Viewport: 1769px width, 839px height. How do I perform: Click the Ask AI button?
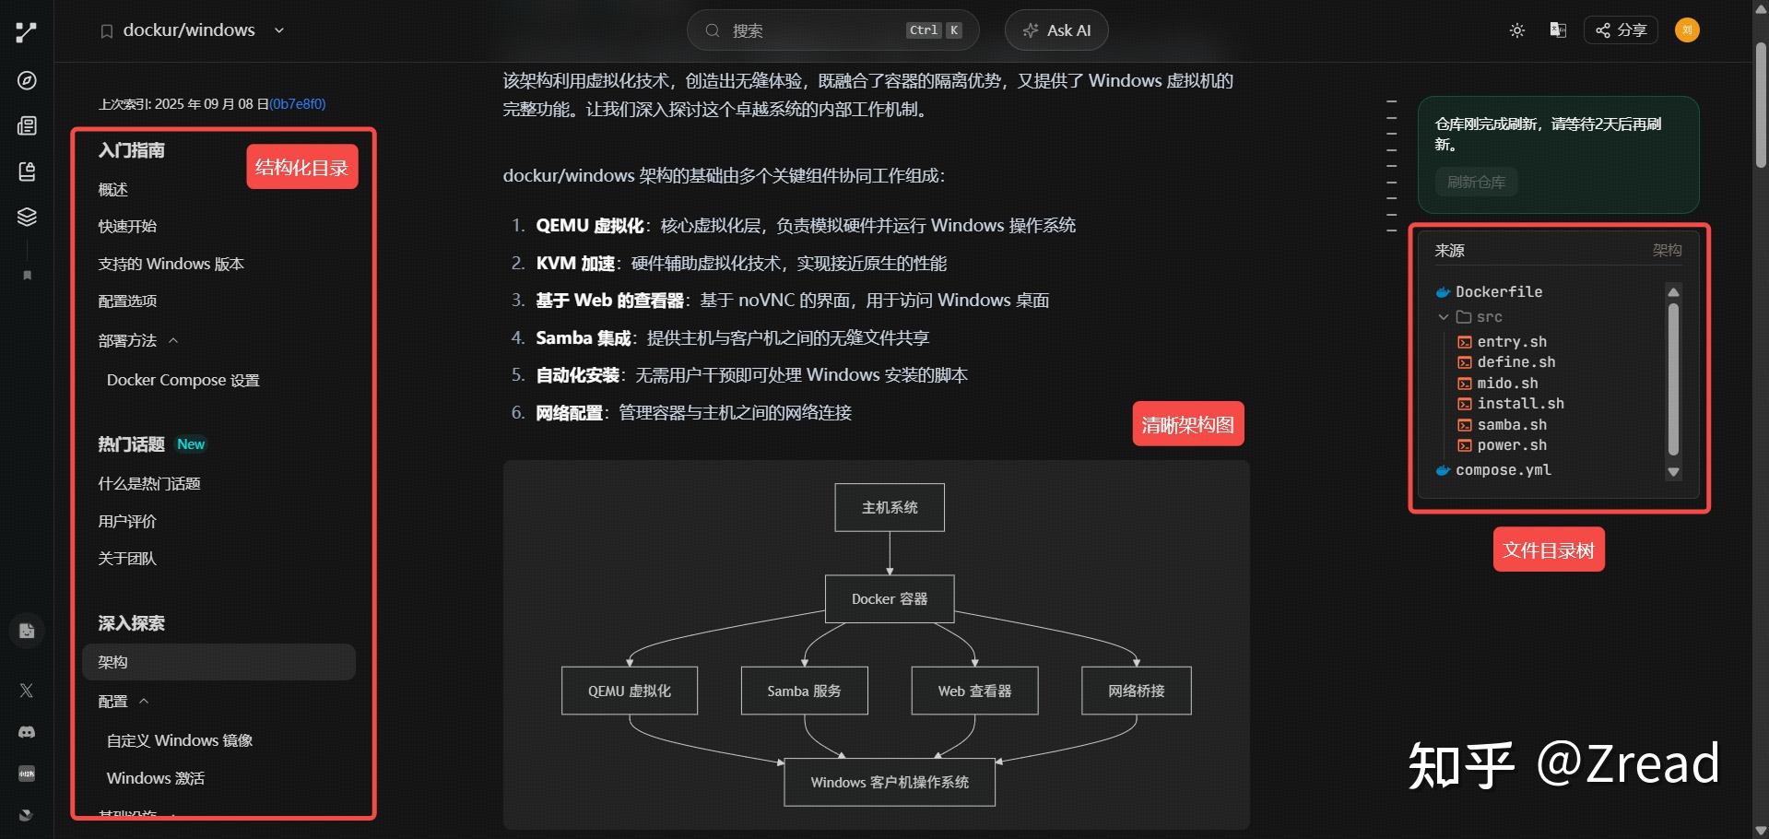pyautogui.click(x=1056, y=30)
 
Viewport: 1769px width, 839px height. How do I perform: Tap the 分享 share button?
pyautogui.click(x=1621, y=30)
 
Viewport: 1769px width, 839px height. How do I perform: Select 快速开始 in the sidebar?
pyautogui.click(x=127, y=227)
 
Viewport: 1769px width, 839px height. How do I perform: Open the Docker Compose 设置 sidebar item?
pyautogui.click(x=183, y=380)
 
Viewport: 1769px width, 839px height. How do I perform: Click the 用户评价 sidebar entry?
pyautogui.click(x=127, y=521)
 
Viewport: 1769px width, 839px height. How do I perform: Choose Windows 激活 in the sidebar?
pyautogui.click(x=156, y=778)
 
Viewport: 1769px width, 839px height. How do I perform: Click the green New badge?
pyautogui.click(x=191, y=444)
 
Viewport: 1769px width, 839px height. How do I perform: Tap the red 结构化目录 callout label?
pyautogui.click(x=301, y=167)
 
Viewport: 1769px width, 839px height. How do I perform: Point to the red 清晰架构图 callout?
pyautogui.click(x=1187, y=424)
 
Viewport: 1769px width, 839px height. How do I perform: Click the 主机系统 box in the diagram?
pyautogui.click(x=890, y=507)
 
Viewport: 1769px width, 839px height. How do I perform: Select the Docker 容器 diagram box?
pyautogui.click(x=890, y=599)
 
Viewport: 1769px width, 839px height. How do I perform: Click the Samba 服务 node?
pyautogui.click(x=804, y=691)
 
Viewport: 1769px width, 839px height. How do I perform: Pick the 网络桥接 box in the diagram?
pyautogui.click(x=1136, y=691)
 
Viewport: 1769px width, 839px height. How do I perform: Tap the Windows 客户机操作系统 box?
pyautogui.click(x=890, y=782)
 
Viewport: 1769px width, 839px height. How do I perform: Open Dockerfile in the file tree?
pyautogui.click(x=1498, y=291)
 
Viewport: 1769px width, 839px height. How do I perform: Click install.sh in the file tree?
pyautogui.click(x=1520, y=404)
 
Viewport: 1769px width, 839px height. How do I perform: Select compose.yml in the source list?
pyautogui.click(x=1503, y=470)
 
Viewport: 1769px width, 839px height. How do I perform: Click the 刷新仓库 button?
pyautogui.click(x=1476, y=182)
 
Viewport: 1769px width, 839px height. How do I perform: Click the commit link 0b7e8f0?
pyautogui.click(x=297, y=104)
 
